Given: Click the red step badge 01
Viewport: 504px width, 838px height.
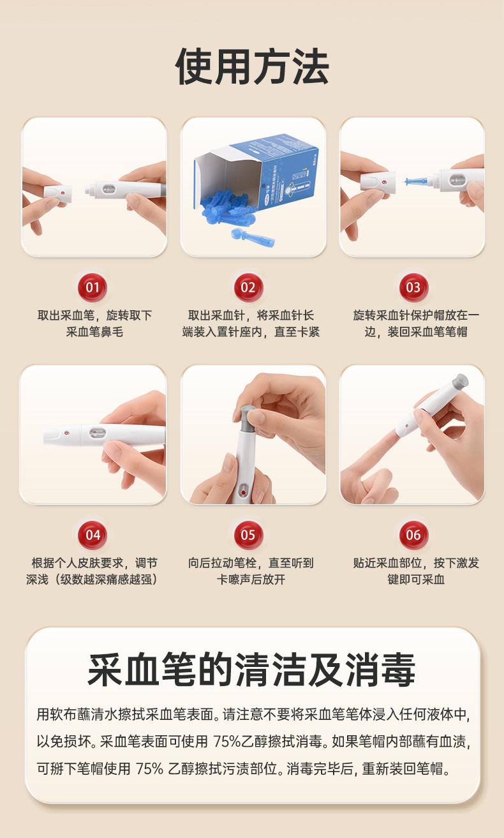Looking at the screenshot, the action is [x=93, y=287].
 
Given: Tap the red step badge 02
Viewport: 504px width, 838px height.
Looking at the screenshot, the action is [x=249, y=287].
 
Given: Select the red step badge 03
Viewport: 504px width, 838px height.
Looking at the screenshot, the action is [x=414, y=287].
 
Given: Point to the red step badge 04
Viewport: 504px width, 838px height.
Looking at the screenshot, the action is [x=93, y=535].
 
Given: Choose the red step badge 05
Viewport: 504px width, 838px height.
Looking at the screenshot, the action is [x=249, y=535].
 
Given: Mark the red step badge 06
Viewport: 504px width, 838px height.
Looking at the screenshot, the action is [x=414, y=535].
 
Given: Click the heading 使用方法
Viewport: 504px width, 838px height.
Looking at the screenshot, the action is [x=252, y=66].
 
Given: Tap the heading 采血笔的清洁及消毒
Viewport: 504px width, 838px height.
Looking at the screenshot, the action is [x=251, y=670].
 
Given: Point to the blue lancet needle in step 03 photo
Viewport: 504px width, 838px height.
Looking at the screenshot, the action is [x=417, y=181].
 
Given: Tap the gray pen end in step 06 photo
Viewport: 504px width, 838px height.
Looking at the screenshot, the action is [x=460, y=381].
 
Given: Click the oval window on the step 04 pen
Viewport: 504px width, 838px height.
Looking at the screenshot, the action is [x=98, y=433].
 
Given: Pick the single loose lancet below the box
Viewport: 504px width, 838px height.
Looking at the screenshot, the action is [x=253, y=237].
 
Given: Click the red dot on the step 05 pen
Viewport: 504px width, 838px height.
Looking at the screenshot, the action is [x=243, y=492].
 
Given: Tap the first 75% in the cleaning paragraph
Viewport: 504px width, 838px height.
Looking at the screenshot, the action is [x=227, y=741].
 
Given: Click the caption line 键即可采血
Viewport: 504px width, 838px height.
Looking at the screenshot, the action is [x=416, y=580].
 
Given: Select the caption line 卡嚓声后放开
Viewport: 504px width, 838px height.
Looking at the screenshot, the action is [x=251, y=580].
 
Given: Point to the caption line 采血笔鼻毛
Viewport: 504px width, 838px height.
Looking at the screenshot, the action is [x=94, y=332].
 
